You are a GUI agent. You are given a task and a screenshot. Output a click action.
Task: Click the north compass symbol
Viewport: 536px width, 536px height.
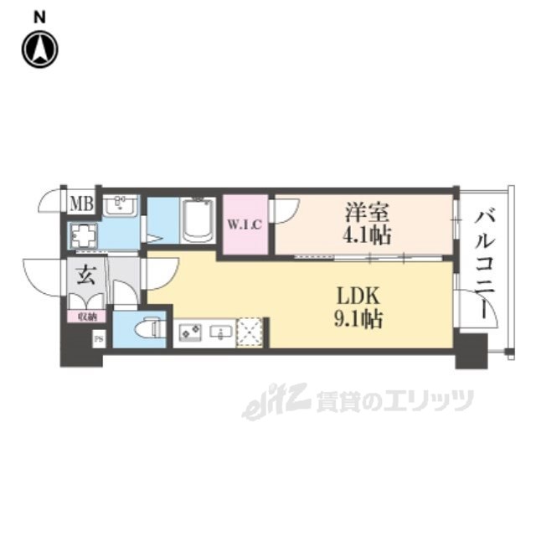tap(39, 49)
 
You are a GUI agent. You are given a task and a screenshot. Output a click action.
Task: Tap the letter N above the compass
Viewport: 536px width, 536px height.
tap(39, 16)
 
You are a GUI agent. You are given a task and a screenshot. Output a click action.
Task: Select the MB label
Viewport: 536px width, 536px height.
tap(81, 204)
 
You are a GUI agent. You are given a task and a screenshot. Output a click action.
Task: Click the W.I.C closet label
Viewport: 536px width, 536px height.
tap(245, 224)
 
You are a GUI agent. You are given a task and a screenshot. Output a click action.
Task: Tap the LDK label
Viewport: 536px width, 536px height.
tap(361, 296)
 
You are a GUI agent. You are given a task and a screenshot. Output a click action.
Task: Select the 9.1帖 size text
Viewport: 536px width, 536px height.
tap(361, 319)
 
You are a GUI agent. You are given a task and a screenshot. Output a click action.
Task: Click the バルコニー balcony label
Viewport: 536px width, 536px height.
tap(485, 260)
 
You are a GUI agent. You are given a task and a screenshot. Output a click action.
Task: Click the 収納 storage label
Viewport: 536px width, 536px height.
tap(87, 316)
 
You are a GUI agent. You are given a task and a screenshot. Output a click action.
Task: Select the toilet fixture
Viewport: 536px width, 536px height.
tap(148, 327)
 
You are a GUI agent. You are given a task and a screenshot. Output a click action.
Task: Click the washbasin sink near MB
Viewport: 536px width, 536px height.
tap(123, 206)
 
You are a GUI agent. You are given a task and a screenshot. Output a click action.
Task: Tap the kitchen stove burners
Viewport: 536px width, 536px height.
tap(188, 332)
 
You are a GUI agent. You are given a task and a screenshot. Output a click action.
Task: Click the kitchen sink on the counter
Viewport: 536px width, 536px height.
tap(220, 332)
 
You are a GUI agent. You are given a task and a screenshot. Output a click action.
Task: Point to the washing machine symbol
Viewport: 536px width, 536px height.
tap(83, 236)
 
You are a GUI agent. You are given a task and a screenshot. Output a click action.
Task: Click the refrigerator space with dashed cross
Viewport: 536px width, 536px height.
tap(250, 332)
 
